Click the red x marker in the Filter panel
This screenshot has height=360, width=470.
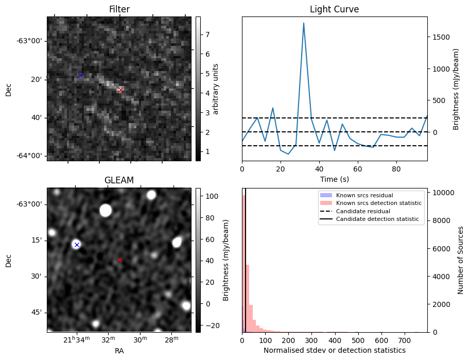tap(120, 90)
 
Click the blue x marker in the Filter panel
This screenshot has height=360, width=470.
tap(80, 75)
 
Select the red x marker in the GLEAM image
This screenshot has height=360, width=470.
tap(120, 260)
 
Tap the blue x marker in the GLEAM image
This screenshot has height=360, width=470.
tap(77, 245)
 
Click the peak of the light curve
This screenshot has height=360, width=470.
tap(304, 23)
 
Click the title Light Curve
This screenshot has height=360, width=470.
tap(334, 9)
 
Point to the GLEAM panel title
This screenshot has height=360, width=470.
tap(119, 180)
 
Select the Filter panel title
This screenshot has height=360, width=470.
tap(119, 9)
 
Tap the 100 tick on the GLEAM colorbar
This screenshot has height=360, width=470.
tap(210, 196)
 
